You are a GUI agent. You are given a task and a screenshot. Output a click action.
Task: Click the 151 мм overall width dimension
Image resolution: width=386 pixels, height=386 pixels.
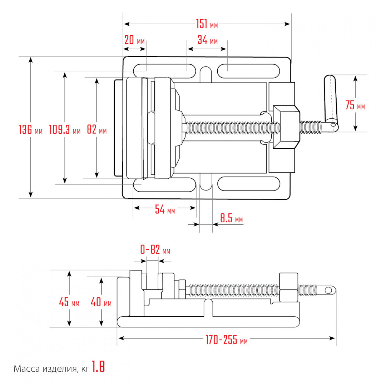pyautogui.click(x=207, y=24)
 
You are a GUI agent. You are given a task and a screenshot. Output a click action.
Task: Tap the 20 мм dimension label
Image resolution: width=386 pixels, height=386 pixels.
pyautogui.click(x=134, y=40)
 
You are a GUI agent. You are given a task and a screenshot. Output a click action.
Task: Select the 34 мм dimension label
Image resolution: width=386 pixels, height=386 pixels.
pyautogui.click(x=208, y=40)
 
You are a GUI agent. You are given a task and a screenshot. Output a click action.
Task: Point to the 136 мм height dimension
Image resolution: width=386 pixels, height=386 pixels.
pyautogui.click(x=30, y=129)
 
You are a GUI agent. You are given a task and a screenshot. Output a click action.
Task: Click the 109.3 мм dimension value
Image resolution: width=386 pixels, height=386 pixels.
pyautogui.click(x=65, y=129)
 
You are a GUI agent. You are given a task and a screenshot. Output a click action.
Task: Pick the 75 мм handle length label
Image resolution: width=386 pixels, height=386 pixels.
pyautogui.click(x=355, y=105)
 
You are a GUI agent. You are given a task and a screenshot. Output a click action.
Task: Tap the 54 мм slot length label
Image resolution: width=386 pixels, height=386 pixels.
pyautogui.click(x=165, y=209)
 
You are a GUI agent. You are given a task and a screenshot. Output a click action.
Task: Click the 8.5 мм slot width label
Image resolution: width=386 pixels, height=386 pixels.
pyautogui.click(x=231, y=218)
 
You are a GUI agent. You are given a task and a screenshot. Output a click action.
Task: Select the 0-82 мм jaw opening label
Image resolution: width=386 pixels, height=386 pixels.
pyautogui.click(x=155, y=249)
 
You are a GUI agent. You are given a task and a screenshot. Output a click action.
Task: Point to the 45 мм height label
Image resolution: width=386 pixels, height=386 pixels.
pyautogui.click(x=69, y=302)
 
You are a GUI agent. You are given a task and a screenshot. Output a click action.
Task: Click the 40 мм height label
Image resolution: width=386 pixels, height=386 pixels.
pyautogui.click(x=101, y=302)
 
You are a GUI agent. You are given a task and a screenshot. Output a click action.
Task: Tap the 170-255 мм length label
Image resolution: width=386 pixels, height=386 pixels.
pyautogui.click(x=227, y=340)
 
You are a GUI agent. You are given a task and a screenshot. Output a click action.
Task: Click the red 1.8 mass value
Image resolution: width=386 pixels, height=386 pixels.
pyautogui.click(x=98, y=367)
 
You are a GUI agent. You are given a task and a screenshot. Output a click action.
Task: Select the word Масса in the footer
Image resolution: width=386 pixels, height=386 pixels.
pyautogui.click(x=26, y=369)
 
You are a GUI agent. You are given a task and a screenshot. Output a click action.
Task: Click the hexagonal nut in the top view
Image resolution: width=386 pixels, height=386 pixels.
pyautogui.click(x=287, y=127)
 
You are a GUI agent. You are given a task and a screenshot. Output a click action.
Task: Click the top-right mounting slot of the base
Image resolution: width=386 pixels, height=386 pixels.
pyautogui.click(x=248, y=71)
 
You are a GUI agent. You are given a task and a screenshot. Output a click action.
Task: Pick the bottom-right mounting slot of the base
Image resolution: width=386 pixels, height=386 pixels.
pyautogui.click(x=249, y=184)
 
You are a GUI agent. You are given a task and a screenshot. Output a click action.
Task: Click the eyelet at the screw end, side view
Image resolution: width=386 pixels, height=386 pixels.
pyautogui.click(x=328, y=290)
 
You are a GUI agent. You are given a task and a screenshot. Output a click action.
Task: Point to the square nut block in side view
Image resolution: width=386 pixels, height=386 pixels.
pyautogui.click(x=288, y=287)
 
